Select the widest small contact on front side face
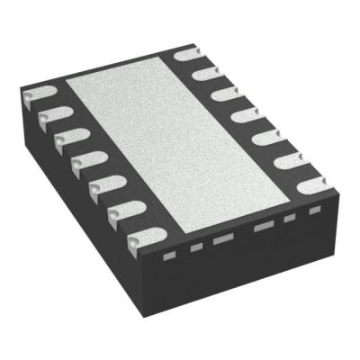pos(264,228)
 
